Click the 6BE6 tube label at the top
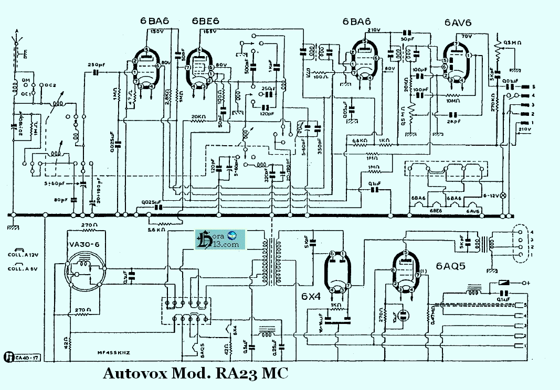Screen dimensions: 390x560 pyautogui.click(x=205, y=21)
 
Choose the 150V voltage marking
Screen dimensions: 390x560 pyautogui.click(x=156, y=32)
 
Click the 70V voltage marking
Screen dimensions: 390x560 pyautogui.click(x=467, y=37)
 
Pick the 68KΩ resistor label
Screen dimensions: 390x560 pyautogui.click(x=360, y=140)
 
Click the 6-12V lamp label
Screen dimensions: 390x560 pyautogui.click(x=490, y=195)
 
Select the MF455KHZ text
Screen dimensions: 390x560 pyautogui.click(x=114, y=353)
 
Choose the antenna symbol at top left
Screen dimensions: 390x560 pyautogui.click(x=17, y=39)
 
